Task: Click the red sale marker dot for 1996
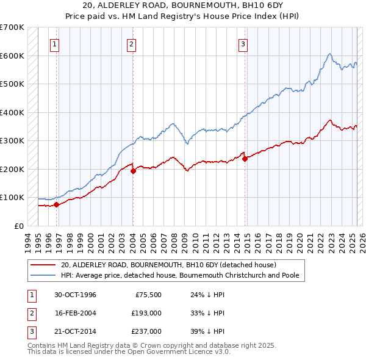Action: pos(56,204)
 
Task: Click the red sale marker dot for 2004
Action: pos(133,171)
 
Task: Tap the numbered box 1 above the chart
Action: pos(55,43)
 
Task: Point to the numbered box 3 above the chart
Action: pos(243,43)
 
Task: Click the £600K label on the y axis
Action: pos(12,56)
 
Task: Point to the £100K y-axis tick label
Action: pos(12,198)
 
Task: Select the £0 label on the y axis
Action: pos(18,226)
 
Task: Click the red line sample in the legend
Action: pos(43,265)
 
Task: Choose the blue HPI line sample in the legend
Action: pos(43,275)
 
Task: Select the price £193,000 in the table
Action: pos(146,313)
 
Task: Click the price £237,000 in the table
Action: pos(146,331)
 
